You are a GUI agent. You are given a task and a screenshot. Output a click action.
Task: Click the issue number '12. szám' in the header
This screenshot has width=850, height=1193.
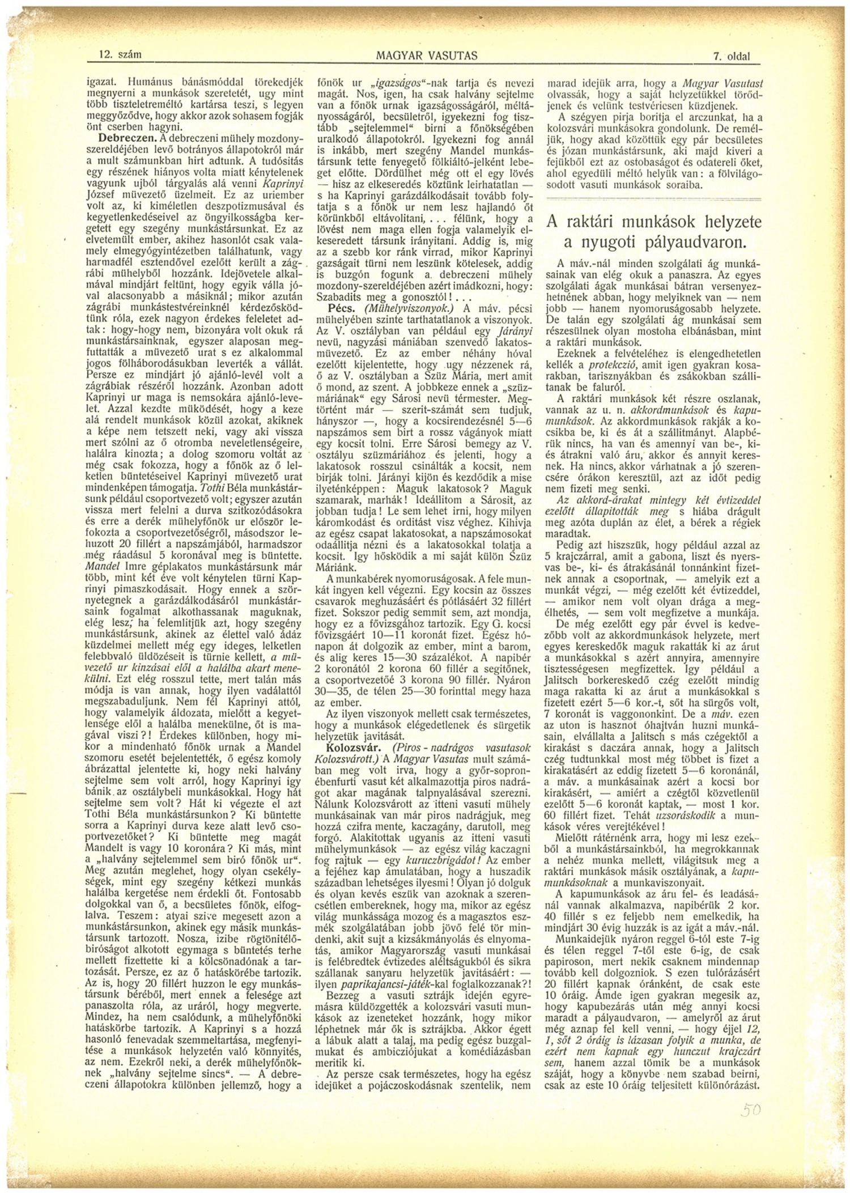(119, 56)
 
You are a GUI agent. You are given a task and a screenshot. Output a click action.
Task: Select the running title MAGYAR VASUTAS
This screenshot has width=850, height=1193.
(426, 56)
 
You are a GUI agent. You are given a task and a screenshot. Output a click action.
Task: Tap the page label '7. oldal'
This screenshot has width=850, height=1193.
(732, 56)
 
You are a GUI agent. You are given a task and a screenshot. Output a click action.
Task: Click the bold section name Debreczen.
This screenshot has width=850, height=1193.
(125, 138)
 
